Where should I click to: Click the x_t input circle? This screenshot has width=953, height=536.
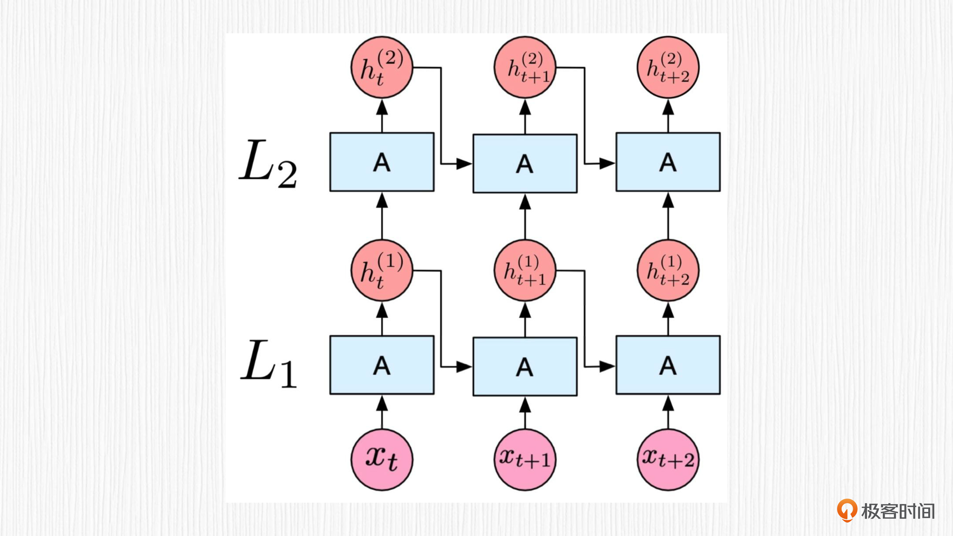pos(382,459)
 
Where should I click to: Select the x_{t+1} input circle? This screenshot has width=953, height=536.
pos(525,459)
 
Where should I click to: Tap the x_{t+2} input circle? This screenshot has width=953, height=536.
pos(668,459)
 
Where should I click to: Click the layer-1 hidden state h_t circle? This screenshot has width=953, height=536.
pos(382,270)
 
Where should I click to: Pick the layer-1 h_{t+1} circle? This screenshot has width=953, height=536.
pos(525,270)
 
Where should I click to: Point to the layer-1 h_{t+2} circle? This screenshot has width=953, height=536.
pos(668,270)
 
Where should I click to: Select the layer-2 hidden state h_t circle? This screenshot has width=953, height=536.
pos(382,67)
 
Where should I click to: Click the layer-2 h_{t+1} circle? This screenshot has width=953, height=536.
pos(525,67)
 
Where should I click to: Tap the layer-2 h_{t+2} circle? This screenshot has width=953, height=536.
pos(668,67)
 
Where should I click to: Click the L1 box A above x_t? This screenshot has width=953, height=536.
pos(382,365)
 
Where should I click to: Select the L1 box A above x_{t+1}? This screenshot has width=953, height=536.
pos(525,367)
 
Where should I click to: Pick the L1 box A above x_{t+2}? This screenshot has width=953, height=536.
pos(668,365)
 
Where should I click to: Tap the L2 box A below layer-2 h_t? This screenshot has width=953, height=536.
pos(382,162)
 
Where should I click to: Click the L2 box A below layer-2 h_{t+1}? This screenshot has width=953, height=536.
pos(525,163)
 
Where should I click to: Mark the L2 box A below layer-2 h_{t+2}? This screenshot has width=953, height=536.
pos(668,162)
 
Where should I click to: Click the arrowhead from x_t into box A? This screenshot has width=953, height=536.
pos(382,404)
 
